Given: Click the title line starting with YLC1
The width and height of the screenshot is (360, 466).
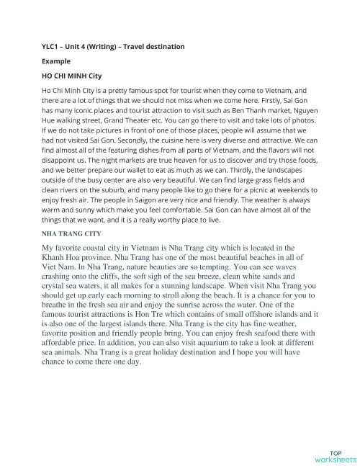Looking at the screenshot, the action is click(x=113, y=47).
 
